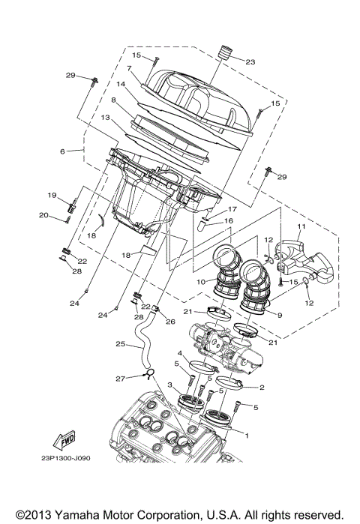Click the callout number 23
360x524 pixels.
[250, 61]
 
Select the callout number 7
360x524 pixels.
[130, 68]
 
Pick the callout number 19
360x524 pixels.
[52, 195]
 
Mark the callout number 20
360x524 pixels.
[43, 215]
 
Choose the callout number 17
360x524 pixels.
[232, 209]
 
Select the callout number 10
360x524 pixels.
[201, 282]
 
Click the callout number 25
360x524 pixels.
[120, 345]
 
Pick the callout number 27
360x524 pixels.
[120, 379]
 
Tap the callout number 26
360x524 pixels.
[170, 322]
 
